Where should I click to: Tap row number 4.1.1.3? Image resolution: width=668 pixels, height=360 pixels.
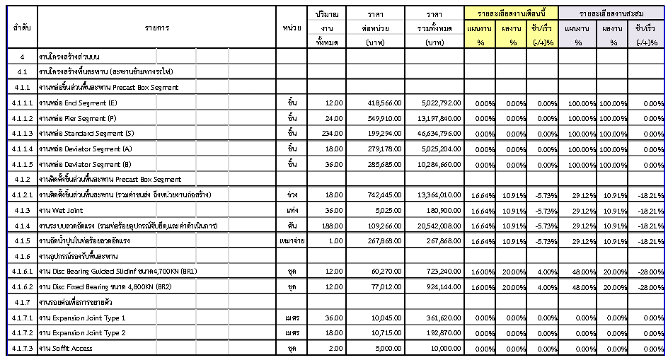pos(21,134)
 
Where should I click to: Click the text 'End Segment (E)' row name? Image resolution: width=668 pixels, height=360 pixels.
pos(79,103)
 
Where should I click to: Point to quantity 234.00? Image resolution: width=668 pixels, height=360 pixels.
pos(333,134)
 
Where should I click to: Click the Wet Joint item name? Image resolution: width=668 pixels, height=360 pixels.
pos(63,210)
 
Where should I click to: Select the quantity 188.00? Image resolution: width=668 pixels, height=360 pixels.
pos(333,226)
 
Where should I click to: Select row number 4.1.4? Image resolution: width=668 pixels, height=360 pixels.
pos(21,226)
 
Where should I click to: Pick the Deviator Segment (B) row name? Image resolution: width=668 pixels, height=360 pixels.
pos(85,164)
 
